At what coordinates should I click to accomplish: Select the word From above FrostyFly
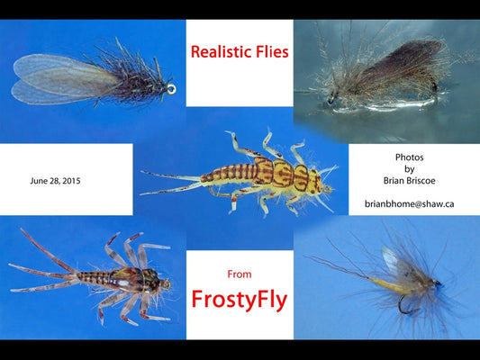239,274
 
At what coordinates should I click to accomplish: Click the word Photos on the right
410,157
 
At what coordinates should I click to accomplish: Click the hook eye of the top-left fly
170,89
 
